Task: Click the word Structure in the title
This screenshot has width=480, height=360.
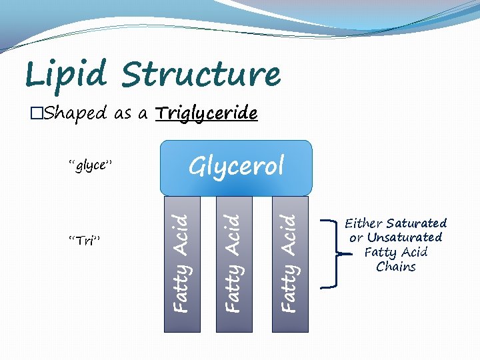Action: [202, 74]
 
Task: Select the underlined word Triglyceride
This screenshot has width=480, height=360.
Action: [206, 113]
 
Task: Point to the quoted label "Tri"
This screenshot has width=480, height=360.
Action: [85, 241]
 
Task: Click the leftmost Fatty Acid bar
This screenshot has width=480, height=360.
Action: [181, 263]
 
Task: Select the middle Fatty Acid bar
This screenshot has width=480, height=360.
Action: [234, 263]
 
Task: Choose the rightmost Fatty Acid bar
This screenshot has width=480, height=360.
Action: [290, 263]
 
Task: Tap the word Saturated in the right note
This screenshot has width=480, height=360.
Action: [417, 223]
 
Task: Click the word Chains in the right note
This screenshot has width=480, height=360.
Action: [396, 267]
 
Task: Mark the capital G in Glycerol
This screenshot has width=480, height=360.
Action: [197, 166]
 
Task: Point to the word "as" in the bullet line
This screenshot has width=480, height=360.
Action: [123, 114]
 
